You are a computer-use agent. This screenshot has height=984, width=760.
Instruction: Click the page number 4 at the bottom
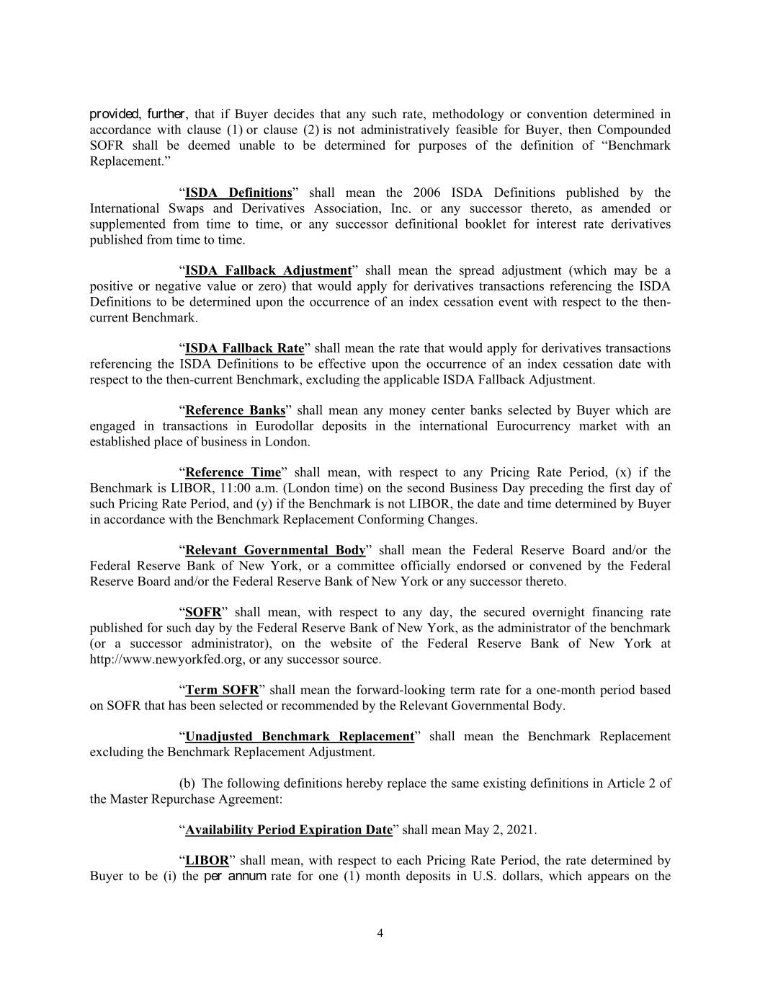[380, 934]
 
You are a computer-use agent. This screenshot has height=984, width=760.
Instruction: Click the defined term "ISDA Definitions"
[238, 192]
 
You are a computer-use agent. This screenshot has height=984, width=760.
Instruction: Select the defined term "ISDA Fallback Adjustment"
[268, 270]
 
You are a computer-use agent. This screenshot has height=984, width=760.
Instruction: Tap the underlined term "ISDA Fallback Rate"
[245, 348]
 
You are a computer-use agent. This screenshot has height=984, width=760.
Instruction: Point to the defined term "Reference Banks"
[236, 410]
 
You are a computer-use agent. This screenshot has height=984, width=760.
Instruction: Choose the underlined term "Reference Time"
[233, 472]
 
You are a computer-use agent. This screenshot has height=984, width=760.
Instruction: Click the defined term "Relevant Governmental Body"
[275, 550]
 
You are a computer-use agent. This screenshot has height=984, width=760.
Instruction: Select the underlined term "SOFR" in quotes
[203, 612]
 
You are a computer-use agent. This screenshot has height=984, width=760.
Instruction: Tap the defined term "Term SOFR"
[222, 690]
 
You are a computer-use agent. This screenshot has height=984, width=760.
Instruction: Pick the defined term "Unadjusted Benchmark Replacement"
[300, 736]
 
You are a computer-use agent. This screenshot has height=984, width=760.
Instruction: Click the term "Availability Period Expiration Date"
[289, 830]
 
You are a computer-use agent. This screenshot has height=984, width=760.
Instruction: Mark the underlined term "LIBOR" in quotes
[207, 860]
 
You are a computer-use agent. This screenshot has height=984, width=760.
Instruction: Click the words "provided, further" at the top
[138, 114]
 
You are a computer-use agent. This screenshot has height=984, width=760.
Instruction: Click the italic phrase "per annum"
[236, 877]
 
